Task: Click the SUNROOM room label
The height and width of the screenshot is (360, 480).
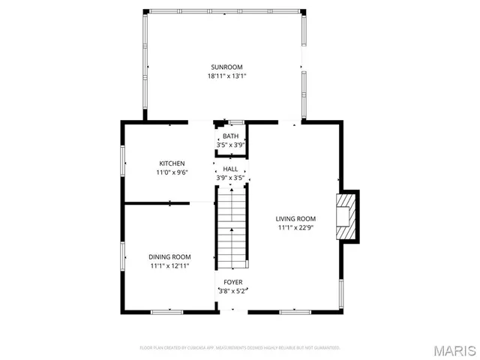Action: pyautogui.click(x=226, y=67)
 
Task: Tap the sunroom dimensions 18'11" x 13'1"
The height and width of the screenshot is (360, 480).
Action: pyautogui.click(x=226, y=76)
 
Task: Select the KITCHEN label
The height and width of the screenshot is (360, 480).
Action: pyautogui.click(x=172, y=163)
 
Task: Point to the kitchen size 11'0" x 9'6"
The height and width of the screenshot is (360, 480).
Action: pyautogui.click(x=172, y=172)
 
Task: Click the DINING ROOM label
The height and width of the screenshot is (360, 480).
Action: pyautogui.click(x=169, y=256)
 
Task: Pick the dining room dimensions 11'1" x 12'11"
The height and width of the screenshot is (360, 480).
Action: pyautogui.click(x=169, y=265)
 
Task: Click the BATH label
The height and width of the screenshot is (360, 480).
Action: pyautogui.click(x=230, y=136)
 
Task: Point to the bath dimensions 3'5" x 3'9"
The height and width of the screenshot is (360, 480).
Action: pyautogui.click(x=230, y=145)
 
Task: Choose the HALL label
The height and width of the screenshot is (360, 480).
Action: pyautogui.click(x=230, y=169)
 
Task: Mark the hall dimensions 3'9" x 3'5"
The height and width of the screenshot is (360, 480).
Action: pyautogui.click(x=230, y=178)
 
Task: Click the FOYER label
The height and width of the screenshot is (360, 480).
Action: pyautogui.click(x=232, y=282)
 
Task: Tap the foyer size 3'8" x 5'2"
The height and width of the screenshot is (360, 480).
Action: pyautogui.click(x=232, y=291)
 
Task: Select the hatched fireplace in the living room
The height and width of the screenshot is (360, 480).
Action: pyautogui.click(x=347, y=217)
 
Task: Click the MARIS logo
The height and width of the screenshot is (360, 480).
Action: pyautogui.click(x=454, y=350)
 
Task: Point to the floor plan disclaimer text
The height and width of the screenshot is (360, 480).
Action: pyautogui.click(x=240, y=348)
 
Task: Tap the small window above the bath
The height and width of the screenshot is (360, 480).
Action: pyautogui.click(x=236, y=122)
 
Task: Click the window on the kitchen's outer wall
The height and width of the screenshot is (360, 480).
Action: pyautogui.click(x=123, y=159)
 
